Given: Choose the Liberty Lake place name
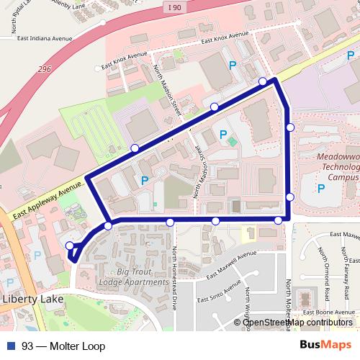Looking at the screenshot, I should [32, 298].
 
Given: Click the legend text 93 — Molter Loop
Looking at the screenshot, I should [63, 346].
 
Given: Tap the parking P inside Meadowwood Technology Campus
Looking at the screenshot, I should [321, 188].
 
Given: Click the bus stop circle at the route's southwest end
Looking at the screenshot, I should [70, 246].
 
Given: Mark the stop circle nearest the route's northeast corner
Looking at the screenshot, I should [263, 81].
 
